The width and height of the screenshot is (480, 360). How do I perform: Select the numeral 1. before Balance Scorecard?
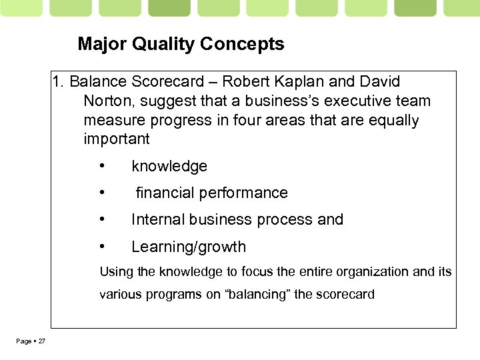[59, 82]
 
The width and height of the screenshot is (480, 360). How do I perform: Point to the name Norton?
[106, 101]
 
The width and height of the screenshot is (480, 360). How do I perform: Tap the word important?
[117, 139]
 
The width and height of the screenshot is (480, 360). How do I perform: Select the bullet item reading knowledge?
[169, 166]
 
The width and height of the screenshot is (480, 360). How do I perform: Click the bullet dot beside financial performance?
[102, 193]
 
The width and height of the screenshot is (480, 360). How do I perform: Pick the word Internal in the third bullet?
[158, 220]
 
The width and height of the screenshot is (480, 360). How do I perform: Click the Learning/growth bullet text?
[189, 247]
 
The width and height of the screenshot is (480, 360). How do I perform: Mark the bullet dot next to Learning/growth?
[102, 247]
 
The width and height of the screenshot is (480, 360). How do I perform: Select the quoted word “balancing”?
[257, 295]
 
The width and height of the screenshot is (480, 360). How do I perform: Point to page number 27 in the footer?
[41, 341]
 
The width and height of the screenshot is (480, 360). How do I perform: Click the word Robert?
[244, 82]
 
